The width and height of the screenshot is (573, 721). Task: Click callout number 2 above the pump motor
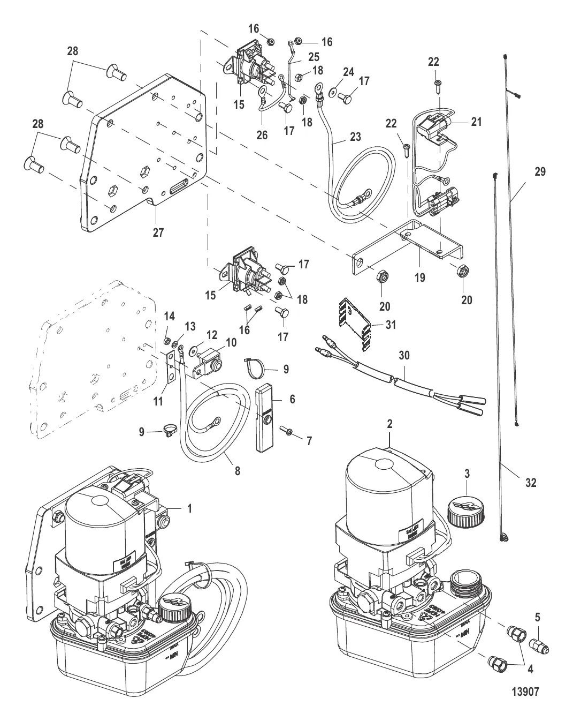[x=389, y=424]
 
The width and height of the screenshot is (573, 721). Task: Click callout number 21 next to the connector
[x=476, y=122]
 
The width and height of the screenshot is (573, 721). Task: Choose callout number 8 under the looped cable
[x=238, y=471]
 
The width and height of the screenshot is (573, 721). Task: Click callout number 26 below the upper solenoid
[x=262, y=136]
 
